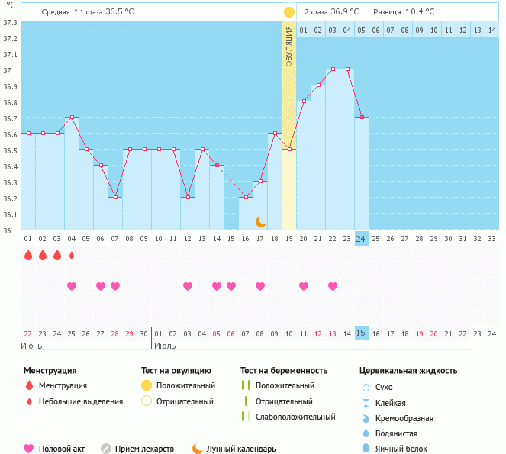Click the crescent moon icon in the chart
(x=260, y=221)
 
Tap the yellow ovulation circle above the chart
(x=288, y=12)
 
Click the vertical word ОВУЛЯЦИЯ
(x=289, y=47)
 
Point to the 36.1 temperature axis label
(x=10, y=214)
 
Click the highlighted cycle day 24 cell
(x=361, y=238)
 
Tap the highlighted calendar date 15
(x=361, y=333)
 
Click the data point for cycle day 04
(x=72, y=118)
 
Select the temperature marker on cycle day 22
(x=333, y=69)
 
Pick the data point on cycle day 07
(x=115, y=197)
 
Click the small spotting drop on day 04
(x=72, y=255)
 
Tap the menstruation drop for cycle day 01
(x=28, y=255)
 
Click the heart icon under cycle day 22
(x=333, y=286)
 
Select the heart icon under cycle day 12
(x=188, y=286)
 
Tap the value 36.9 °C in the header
(x=345, y=12)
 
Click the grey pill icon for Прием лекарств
(x=106, y=449)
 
